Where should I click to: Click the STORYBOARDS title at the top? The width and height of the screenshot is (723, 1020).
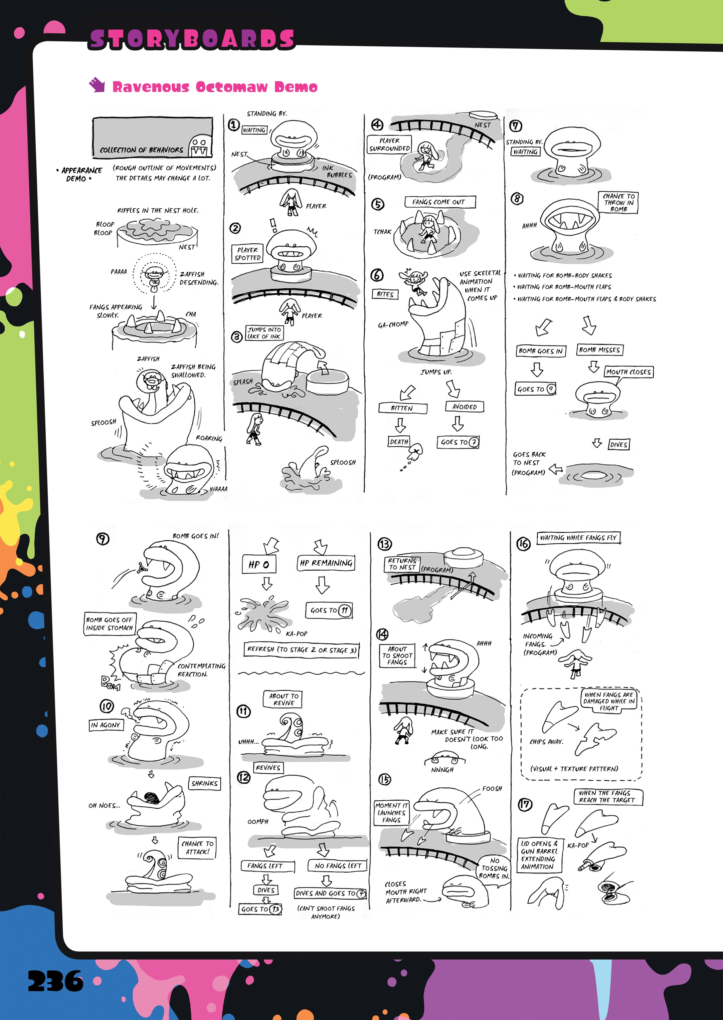(191, 39)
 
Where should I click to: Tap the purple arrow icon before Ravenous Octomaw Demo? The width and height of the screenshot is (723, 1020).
(97, 84)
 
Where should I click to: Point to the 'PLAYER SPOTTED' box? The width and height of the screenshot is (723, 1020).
(247, 254)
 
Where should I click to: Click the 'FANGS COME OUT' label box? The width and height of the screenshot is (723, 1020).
(439, 202)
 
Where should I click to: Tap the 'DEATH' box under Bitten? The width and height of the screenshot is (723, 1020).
(399, 442)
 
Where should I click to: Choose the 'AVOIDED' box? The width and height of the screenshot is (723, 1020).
(464, 407)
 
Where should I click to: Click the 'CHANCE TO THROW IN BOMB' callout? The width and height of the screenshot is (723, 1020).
(618, 202)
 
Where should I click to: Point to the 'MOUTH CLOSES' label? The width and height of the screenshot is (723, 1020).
(628, 372)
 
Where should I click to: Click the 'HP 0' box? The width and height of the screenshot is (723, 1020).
(259, 564)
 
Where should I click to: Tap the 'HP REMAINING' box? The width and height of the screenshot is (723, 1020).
(326, 563)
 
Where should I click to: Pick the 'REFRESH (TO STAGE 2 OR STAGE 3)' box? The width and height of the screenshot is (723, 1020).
(302, 650)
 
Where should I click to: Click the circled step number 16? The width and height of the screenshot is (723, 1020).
(523, 544)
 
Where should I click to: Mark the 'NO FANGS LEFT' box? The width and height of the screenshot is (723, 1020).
(338, 866)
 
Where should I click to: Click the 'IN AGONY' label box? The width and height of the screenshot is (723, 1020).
(106, 725)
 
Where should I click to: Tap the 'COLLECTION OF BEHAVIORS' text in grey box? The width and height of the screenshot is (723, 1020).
(142, 150)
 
